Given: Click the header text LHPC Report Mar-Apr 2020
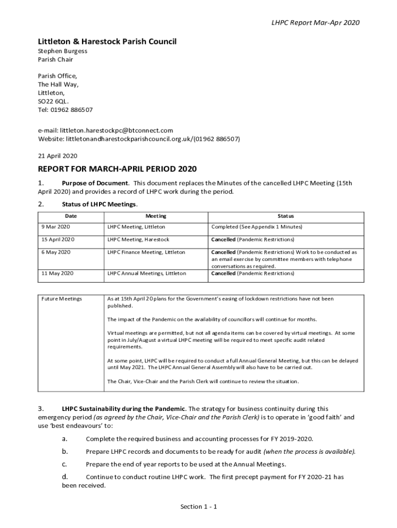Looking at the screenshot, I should tap(316, 23).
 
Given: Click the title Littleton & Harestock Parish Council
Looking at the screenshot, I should tap(107, 41).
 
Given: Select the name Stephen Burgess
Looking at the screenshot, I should tap(62, 51).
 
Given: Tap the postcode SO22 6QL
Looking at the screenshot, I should tap(53, 102).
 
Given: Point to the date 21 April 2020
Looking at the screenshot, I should tap(57, 156).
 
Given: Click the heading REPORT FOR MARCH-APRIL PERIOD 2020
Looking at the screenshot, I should tap(117, 169).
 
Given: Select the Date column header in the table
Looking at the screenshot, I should tap(71, 216).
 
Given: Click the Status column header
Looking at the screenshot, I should tap(286, 216).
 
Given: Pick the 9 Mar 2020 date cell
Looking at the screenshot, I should tap(56, 227).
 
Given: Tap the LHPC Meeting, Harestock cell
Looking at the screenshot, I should tap(138, 240).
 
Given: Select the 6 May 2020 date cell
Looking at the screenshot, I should tap(56, 252).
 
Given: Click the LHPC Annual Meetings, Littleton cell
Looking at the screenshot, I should tap(146, 273).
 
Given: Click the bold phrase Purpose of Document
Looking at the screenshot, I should tap(95, 183).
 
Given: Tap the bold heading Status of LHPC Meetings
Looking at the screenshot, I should tap(99, 204).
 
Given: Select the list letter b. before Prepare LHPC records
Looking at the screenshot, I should tap(65, 451).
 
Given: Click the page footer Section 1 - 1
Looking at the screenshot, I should tap(198, 507).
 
